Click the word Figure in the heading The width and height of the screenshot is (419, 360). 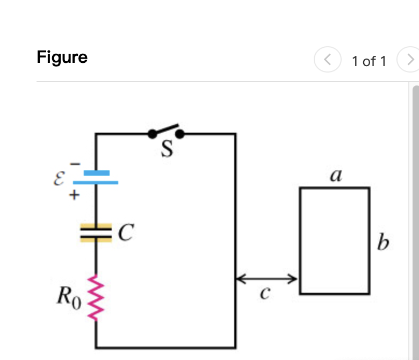point(62,57)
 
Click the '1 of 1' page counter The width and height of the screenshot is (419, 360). point(369,61)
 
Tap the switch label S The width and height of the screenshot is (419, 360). point(168,150)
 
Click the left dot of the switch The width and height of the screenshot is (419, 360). point(152,133)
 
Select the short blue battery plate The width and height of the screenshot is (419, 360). point(96,172)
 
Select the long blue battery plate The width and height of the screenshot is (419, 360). point(96,182)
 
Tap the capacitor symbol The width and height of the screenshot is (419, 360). point(96,233)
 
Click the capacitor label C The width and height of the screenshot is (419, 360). point(125,233)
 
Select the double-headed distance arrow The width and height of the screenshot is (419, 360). point(267,278)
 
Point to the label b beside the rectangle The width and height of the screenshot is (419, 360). point(382,243)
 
